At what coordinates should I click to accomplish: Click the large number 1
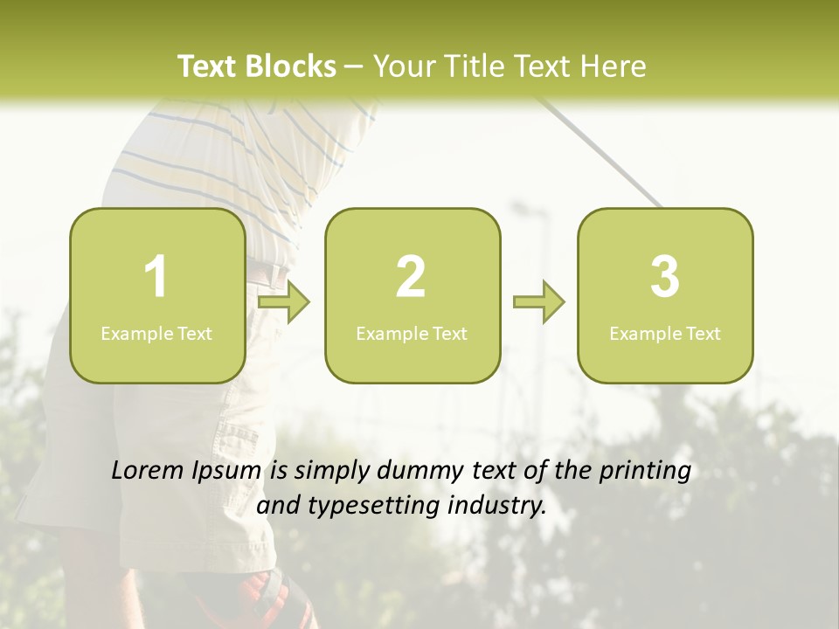point(156,277)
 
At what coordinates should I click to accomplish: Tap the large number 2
point(411,277)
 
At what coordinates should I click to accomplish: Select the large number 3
point(665,277)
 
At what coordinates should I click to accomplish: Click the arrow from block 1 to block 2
point(284,302)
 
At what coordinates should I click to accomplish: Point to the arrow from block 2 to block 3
point(539,302)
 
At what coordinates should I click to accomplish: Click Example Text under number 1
point(156,334)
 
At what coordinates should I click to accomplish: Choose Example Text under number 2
point(412,334)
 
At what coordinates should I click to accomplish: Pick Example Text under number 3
point(665,334)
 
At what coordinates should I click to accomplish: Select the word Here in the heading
point(613,66)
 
